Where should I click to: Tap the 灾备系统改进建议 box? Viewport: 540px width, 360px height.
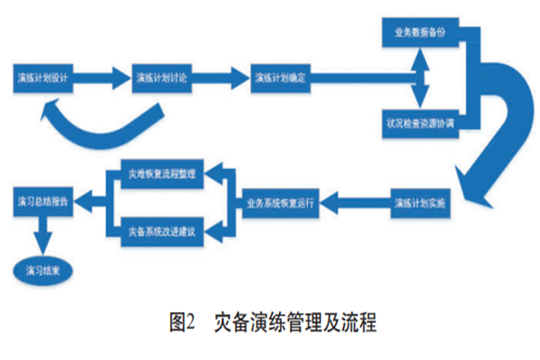(164, 232)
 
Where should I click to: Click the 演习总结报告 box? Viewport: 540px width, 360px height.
(41, 202)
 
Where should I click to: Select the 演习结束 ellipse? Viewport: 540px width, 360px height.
(42, 269)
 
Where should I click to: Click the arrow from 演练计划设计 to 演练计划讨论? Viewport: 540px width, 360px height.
(103, 77)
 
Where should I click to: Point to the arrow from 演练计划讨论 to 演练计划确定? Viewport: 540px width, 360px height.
(222, 77)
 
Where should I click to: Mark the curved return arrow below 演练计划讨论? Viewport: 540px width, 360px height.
(99, 126)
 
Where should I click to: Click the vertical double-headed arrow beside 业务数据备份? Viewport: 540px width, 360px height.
(417, 76)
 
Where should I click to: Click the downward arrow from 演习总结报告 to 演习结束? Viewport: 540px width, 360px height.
(41, 236)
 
